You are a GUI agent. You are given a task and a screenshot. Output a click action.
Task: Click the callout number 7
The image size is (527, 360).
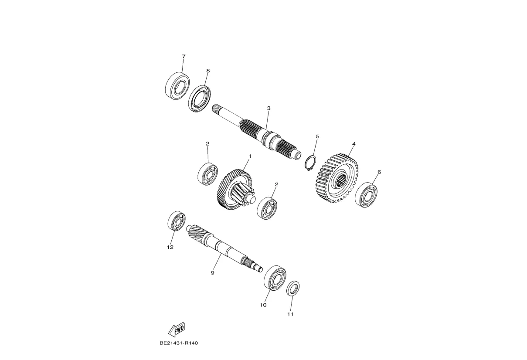tap(184, 57)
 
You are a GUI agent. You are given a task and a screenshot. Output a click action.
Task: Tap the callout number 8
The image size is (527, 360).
tap(208, 71)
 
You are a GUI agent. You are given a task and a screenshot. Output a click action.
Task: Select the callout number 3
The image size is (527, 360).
tap(269, 108)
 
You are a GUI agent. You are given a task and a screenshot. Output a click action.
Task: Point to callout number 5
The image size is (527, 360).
tap(318, 136)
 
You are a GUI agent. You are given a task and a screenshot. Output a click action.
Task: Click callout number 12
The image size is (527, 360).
tap(170, 247)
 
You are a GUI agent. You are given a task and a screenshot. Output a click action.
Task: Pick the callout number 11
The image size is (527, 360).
tap(290, 314)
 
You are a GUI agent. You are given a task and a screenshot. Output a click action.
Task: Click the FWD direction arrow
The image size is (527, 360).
tap(177, 329)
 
